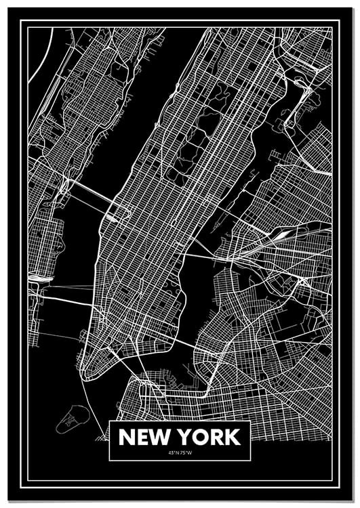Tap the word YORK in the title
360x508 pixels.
(208, 437)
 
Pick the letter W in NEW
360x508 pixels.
(161, 437)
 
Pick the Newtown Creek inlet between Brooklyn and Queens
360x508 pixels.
(237, 271)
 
